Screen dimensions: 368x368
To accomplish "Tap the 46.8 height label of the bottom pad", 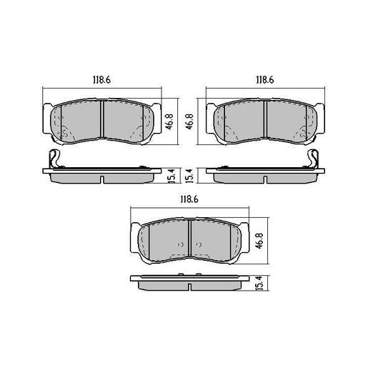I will [x=259, y=237].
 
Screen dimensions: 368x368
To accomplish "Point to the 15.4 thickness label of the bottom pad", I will [x=259, y=284].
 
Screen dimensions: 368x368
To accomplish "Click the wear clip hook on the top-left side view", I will [x=51, y=159].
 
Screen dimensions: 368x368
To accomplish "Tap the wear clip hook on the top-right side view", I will [x=315, y=159].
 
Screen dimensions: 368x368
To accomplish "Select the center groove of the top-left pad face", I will [x=101, y=119].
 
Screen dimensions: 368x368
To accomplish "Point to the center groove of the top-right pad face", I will [x=266, y=119].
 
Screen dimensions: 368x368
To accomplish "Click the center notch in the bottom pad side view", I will [x=188, y=288].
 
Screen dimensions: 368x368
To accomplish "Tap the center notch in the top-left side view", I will [x=101, y=178].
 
